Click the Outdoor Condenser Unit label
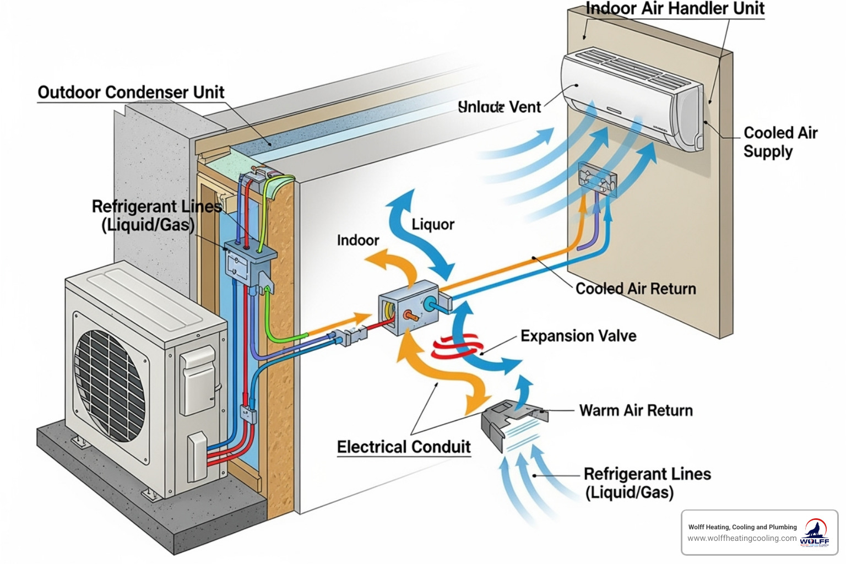coord(131,92)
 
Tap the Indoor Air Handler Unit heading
coord(675,9)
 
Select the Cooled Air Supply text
coord(779,142)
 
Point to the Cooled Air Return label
coord(636,289)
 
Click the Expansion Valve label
coord(578,336)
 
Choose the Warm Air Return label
coord(636,410)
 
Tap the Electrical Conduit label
coord(404,447)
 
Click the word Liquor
coord(433,225)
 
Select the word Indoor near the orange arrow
coord(358,241)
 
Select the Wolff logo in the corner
coord(815,532)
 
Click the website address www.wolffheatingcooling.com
coord(742,538)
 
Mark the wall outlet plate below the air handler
coord(598,179)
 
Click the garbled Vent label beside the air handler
coord(499,107)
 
